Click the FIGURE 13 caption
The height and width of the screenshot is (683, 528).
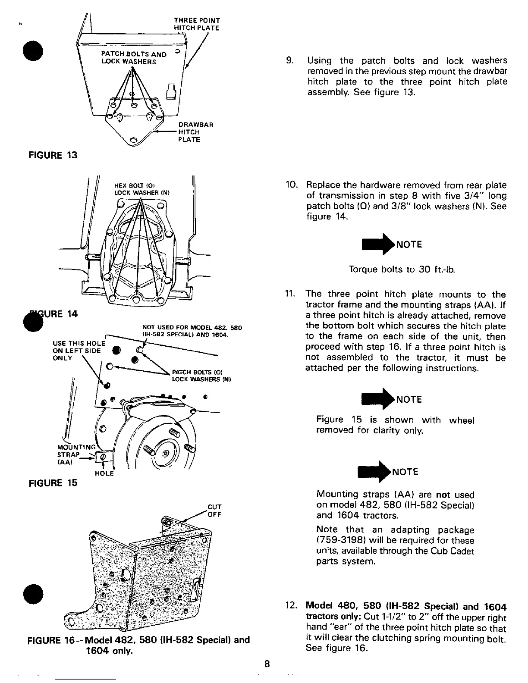pos(53,155)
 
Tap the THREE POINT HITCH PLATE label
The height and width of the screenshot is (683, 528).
pos(196,24)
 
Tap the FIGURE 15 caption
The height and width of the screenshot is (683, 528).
pos(53,483)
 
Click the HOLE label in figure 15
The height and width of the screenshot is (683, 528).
pos(104,473)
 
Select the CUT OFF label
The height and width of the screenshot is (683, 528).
pos(214,511)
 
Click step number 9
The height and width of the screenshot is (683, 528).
pos(290,61)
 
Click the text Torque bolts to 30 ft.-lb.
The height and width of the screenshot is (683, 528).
pos(402,270)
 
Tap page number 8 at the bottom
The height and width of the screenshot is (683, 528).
pos(267,664)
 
